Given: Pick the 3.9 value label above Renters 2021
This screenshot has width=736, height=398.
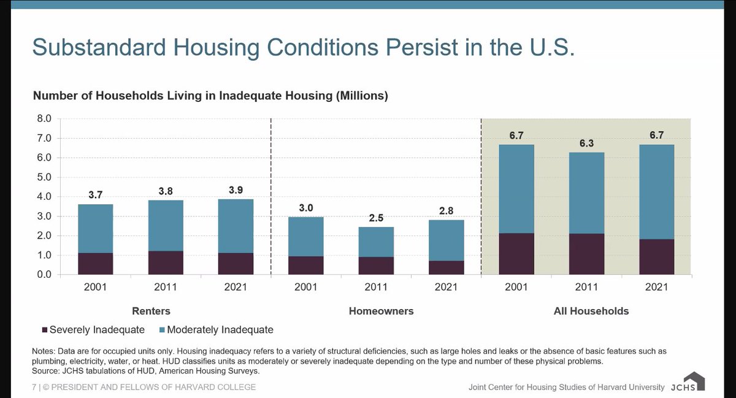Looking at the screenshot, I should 236,190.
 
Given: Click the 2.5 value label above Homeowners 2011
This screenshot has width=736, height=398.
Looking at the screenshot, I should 376,218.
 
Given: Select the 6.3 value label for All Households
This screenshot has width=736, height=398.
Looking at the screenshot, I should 586,143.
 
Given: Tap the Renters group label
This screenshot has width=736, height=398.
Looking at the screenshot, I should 151,311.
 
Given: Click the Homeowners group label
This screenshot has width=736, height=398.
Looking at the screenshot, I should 381,311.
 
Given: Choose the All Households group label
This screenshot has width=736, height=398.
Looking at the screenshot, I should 591,311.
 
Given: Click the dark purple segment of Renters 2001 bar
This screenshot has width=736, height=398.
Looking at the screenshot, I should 95,264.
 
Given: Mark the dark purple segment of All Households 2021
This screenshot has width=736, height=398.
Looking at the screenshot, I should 656,257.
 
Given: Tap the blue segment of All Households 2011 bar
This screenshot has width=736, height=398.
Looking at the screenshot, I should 586,193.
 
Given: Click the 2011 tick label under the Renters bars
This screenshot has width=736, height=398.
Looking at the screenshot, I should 166,287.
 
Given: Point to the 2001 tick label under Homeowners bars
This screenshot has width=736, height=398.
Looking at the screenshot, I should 306,287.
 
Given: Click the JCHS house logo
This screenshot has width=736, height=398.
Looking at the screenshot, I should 694,381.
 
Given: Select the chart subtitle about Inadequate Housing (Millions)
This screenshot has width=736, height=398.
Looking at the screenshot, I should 210,96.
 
